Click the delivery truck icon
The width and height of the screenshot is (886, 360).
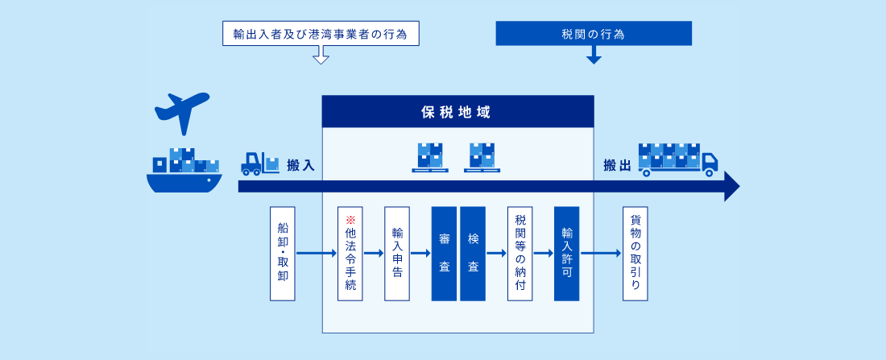[677, 160]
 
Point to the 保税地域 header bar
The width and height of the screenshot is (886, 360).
[457, 111]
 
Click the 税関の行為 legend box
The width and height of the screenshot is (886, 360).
[594, 33]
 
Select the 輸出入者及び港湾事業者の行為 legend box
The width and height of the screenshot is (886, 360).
[321, 33]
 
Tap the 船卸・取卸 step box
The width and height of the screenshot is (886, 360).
[283, 253]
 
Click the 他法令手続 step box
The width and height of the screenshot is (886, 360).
[350, 253]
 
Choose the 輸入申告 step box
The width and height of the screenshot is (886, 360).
[396, 253]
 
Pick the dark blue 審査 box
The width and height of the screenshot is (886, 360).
[444, 253]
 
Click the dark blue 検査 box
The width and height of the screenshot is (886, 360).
[473, 253]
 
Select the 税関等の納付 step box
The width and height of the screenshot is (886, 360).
[520, 253]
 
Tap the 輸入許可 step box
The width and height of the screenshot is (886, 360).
[567, 253]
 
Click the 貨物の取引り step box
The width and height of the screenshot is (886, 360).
[636, 253]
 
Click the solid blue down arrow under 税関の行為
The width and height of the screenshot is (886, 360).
[594, 55]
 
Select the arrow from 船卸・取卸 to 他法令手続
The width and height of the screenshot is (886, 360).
[317, 253]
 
